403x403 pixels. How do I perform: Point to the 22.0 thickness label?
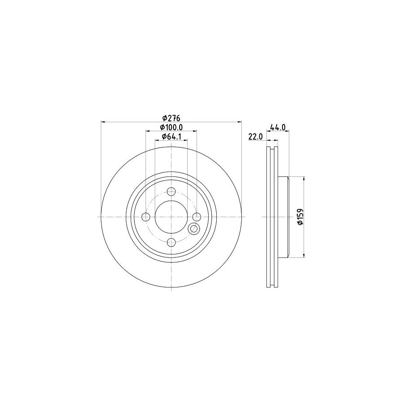coord(255,137)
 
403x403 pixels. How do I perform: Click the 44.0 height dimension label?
coord(278,128)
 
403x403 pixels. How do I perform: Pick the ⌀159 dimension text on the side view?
coord(300,217)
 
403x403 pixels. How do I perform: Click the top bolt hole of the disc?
coord(171,192)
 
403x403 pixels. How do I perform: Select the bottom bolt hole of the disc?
coord(171,242)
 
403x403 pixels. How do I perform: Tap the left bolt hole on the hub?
coord(146,217)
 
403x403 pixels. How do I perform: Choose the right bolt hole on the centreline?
coord(196,217)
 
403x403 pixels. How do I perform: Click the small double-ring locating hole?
coord(194,229)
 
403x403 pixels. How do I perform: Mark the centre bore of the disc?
coord(171,217)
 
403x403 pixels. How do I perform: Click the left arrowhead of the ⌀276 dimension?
coord(103,122)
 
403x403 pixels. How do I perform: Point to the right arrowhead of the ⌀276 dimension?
coord(239,122)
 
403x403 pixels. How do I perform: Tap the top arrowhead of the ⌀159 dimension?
coord(305,178)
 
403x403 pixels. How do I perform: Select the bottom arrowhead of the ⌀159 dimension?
coord(305,256)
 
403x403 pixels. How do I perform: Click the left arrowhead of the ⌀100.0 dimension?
coord(148,131)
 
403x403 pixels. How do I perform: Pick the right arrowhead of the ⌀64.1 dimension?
coord(185,141)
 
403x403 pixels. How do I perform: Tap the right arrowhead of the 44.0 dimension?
coord(287,131)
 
